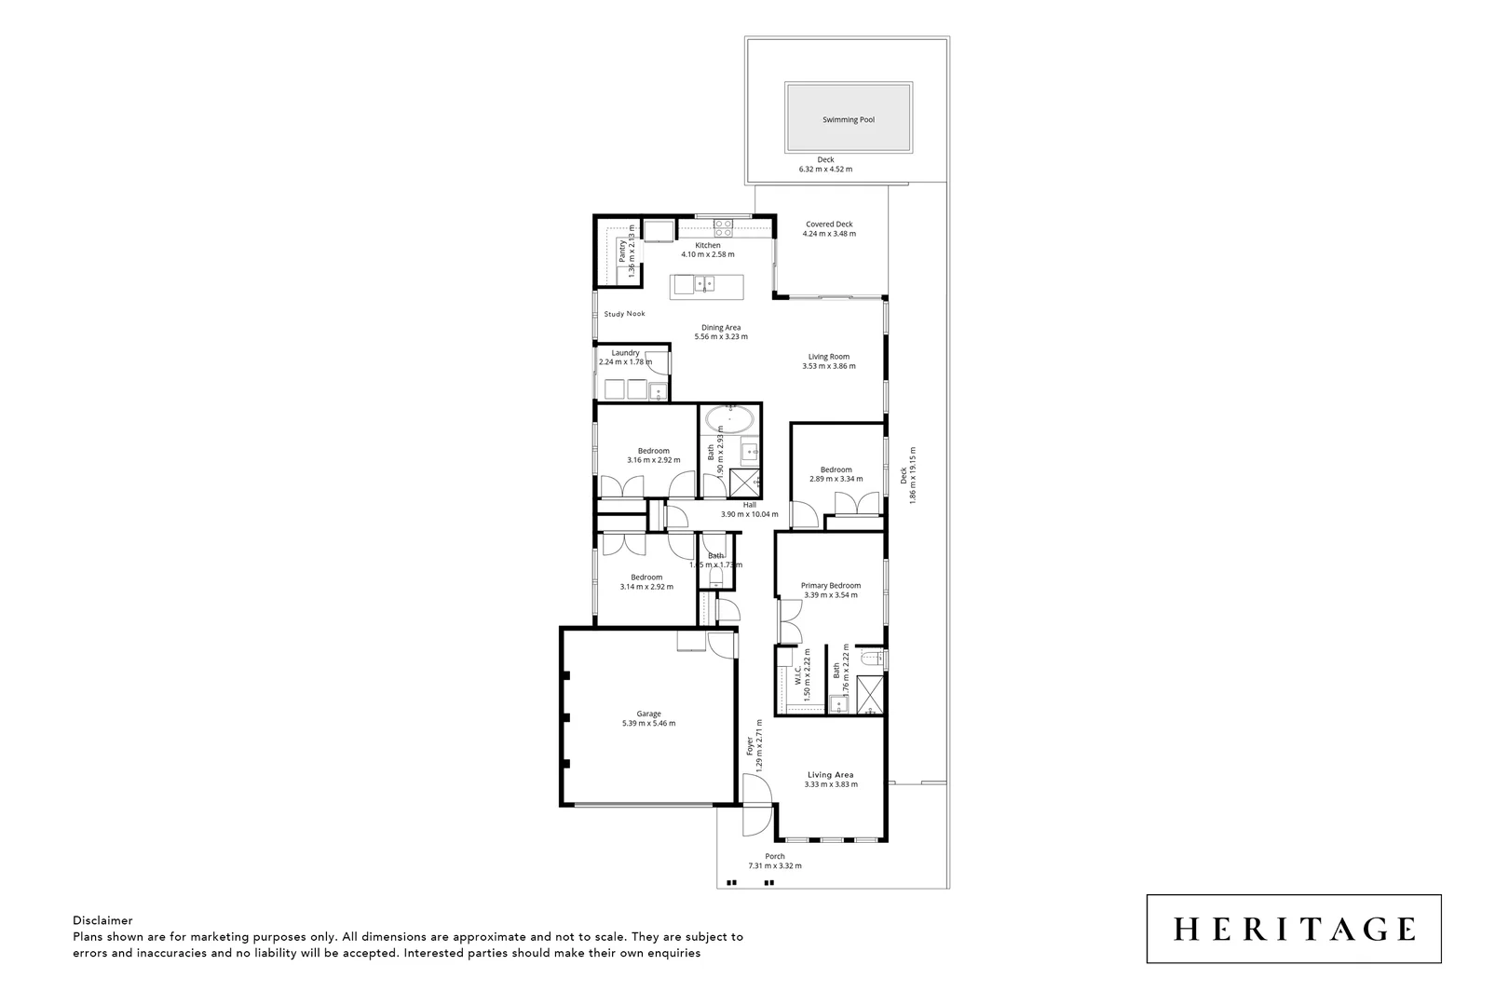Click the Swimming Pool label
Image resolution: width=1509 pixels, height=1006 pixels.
click(848, 119)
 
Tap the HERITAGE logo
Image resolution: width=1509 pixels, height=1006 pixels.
click(1294, 929)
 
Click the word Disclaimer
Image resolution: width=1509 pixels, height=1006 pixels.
click(102, 920)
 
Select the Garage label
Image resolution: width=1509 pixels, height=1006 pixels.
click(648, 714)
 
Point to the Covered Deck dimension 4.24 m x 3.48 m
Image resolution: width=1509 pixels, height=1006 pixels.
click(829, 234)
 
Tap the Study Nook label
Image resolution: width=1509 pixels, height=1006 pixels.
click(624, 314)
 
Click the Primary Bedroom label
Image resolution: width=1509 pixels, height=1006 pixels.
click(831, 585)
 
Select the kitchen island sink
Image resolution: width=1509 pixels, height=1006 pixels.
click(700, 282)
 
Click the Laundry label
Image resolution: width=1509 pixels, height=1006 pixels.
click(625, 353)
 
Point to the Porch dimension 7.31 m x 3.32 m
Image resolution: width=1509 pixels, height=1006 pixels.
click(774, 866)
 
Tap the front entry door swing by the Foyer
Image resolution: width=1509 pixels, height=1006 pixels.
click(756, 807)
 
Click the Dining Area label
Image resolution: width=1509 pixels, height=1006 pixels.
click(721, 327)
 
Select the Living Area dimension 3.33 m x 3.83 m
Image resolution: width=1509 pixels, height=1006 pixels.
click(831, 784)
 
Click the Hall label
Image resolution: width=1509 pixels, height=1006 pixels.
click(749, 505)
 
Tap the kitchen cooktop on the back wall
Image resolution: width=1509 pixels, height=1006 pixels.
click(724, 224)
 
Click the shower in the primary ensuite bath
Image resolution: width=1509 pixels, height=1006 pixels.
click(869, 695)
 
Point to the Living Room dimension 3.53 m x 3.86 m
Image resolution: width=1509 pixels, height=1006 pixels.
click(828, 366)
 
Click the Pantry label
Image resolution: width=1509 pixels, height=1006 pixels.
click(622, 251)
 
